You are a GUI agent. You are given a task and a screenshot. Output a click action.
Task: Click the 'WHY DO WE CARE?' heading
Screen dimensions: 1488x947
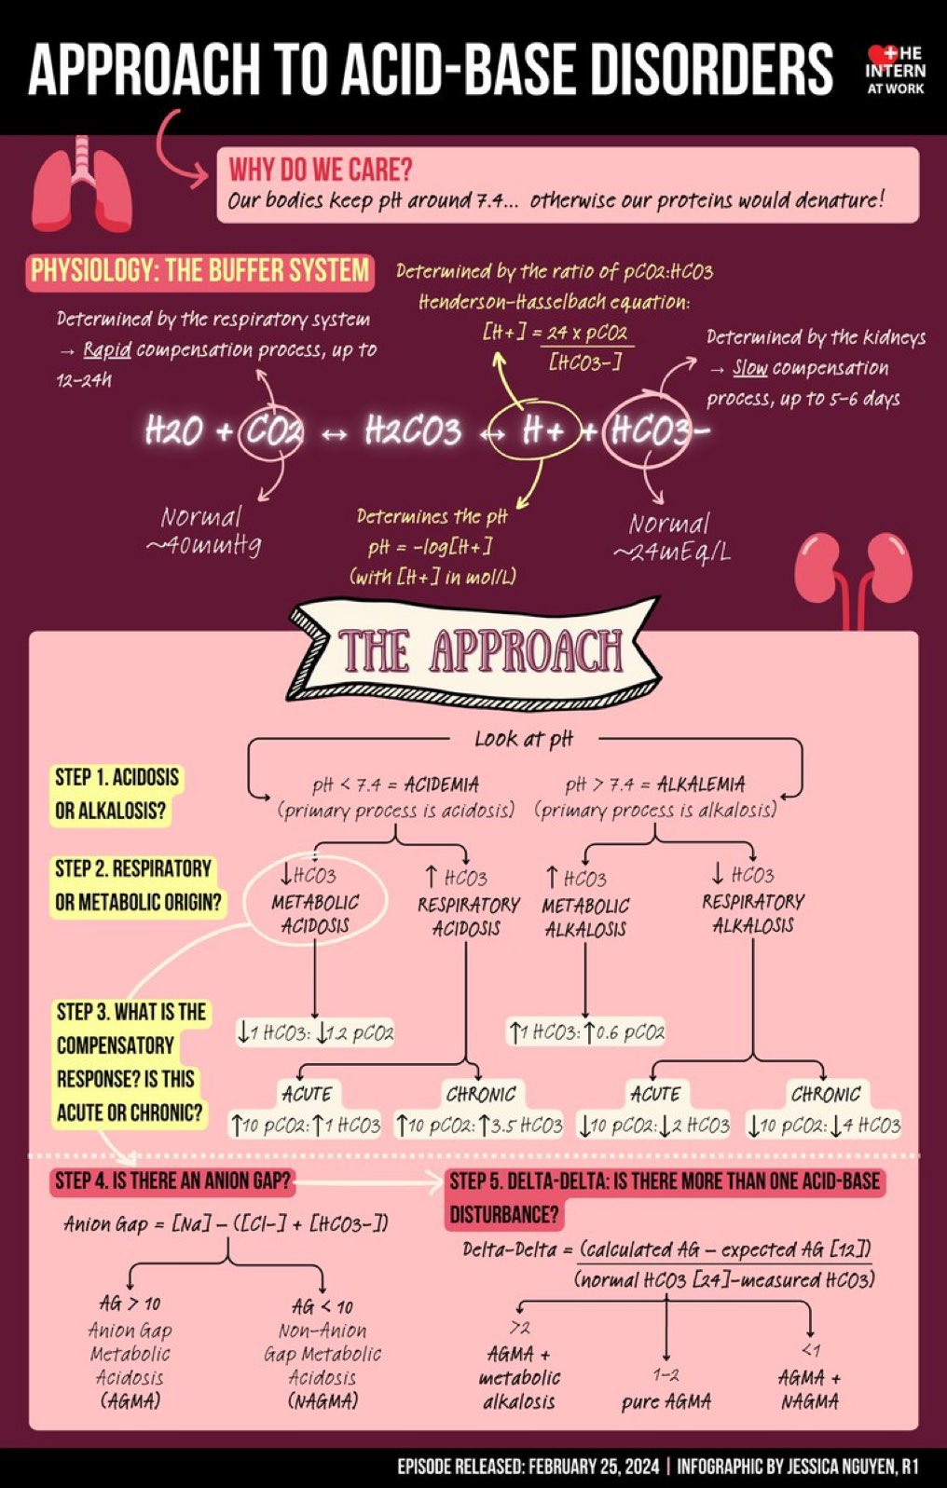(x=321, y=170)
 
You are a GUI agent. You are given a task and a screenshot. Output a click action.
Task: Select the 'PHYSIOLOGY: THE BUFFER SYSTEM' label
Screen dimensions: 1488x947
(x=200, y=271)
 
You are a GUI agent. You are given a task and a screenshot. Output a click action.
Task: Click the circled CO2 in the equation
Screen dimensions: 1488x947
(x=272, y=431)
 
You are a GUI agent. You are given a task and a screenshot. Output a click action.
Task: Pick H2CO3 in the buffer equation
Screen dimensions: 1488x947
(x=413, y=431)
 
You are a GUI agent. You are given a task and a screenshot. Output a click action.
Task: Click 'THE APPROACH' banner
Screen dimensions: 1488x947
(x=477, y=650)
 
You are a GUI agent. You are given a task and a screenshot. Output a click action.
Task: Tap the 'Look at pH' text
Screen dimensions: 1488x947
(x=524, y=739)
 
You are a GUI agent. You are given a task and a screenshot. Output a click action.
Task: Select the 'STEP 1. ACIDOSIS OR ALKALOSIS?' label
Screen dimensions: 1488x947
(x=117, y=794)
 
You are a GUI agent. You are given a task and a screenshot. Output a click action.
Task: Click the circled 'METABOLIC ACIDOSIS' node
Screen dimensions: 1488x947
(x=315, y=902)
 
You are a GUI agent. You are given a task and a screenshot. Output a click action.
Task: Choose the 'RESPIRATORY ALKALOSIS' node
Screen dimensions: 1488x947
(x=753, y=902)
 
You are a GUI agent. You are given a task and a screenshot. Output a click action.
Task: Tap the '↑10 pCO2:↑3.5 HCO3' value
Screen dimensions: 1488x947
(x=480, y=1126)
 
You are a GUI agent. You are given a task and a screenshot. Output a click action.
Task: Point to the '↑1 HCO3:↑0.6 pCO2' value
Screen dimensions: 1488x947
(x=586, y=1032)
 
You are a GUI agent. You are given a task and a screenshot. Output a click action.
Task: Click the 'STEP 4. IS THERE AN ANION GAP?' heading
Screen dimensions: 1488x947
(x=173, y=1181)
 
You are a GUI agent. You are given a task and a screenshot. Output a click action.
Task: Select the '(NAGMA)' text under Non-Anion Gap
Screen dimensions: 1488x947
(x=323, y=1400)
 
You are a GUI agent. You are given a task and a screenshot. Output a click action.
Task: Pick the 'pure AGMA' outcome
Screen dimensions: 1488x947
(x=666, y=1401)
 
